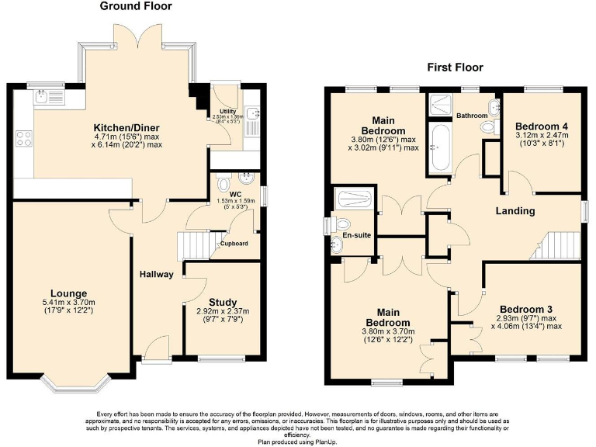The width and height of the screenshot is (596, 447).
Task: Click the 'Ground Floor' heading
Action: [137, 6]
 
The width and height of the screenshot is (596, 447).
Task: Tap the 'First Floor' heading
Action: [455, 68]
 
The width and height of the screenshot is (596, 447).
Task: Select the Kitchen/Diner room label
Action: [127, 127]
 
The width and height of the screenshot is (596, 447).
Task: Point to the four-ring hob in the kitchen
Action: [24, 140]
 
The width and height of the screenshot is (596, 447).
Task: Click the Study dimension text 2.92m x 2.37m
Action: [223, 312]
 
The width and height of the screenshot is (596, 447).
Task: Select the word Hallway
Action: [156, 274]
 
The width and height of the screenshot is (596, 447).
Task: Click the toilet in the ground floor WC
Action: [224, 185]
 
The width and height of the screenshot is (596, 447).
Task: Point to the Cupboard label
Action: [234, 244]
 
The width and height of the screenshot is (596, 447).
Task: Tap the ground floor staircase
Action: [195, 245]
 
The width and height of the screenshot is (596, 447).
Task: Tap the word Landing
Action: [515, 210]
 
